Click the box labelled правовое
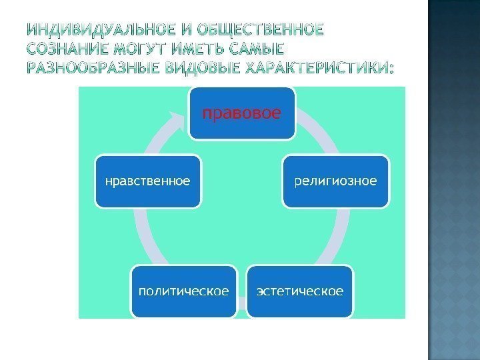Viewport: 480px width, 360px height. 241,113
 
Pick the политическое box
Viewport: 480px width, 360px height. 184,291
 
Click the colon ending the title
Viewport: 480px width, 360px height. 391,68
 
